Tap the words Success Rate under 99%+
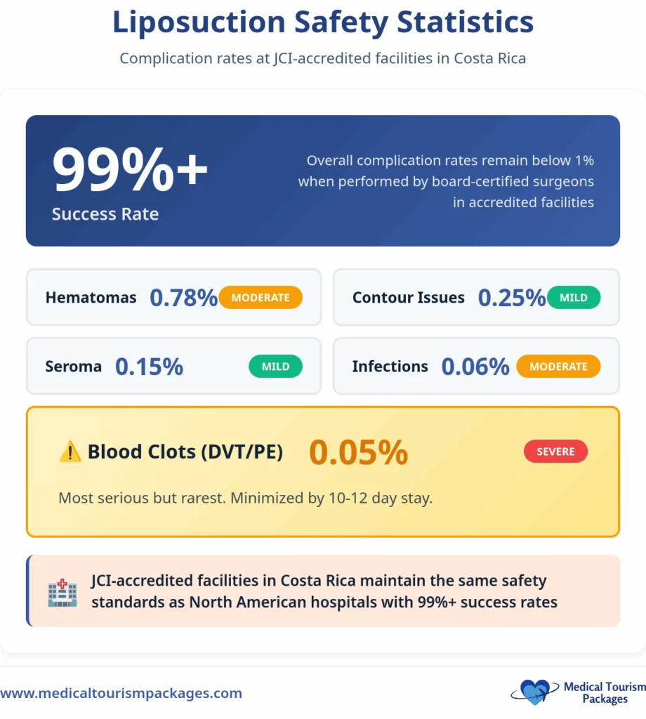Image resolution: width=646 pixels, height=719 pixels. coord(105,214)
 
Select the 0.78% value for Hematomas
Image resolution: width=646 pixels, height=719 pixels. coord(184,298)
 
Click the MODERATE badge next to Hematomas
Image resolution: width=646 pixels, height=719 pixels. coord(261,298)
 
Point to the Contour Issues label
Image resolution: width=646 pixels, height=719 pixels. coord(408,298)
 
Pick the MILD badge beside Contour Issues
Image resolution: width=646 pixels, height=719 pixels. coord(573,298)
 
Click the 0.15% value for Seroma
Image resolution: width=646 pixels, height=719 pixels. coord(149,367)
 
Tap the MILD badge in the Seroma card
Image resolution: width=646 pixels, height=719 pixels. coord(275,367)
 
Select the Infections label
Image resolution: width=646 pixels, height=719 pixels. coord(390,367)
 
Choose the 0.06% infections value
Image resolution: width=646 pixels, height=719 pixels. coord(475,367)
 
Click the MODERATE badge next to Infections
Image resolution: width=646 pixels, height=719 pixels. coord(558,367)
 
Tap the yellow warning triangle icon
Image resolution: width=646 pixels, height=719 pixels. coord(70,452)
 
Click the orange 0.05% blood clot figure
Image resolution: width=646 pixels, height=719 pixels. coord(358,452)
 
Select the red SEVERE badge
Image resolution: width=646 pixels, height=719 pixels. coord(555,452)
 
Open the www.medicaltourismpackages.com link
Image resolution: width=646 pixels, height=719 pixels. coord(121,693)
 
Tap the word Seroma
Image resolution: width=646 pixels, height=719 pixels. coord(74,367)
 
